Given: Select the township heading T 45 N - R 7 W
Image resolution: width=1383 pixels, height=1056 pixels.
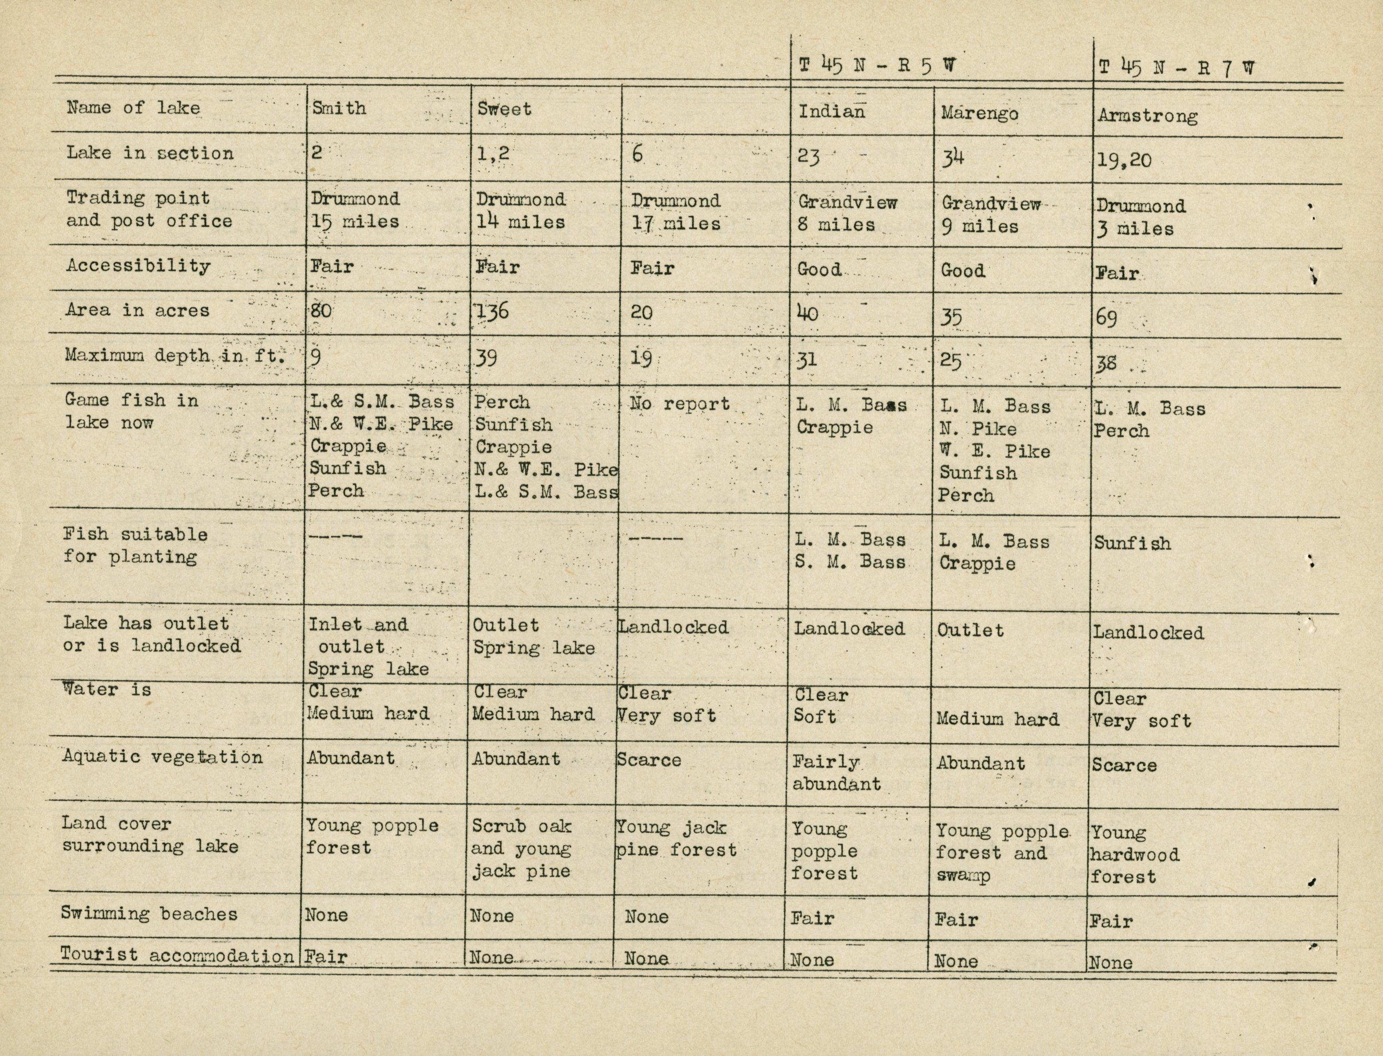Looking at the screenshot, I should click(1176, 68).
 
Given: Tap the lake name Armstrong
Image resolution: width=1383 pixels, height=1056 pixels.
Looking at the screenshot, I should click(1147, 116).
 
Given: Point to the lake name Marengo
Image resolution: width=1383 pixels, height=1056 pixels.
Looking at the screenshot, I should click(980, 114).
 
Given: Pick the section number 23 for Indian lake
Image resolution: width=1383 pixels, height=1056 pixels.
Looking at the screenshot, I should click(809, 155).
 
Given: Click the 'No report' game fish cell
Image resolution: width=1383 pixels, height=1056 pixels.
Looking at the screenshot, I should click(680, 404).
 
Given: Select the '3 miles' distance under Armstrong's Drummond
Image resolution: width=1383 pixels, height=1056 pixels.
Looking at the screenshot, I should click(1135, 229).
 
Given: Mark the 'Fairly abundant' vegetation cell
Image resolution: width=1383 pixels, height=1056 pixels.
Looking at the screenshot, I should click(836, 773).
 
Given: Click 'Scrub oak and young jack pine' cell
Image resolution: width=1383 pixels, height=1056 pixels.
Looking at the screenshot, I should click(521, 849).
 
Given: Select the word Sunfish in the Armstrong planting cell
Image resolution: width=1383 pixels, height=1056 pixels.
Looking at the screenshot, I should click(1132, 544).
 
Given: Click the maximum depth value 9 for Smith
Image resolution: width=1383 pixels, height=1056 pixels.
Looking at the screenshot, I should click(316, 358).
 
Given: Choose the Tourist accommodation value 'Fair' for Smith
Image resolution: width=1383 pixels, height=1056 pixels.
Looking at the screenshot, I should click(326, 957).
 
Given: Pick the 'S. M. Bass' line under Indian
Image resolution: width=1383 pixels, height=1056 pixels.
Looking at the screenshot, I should click(850, 562).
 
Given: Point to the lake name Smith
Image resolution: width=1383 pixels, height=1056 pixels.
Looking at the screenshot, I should click(339, 108).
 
